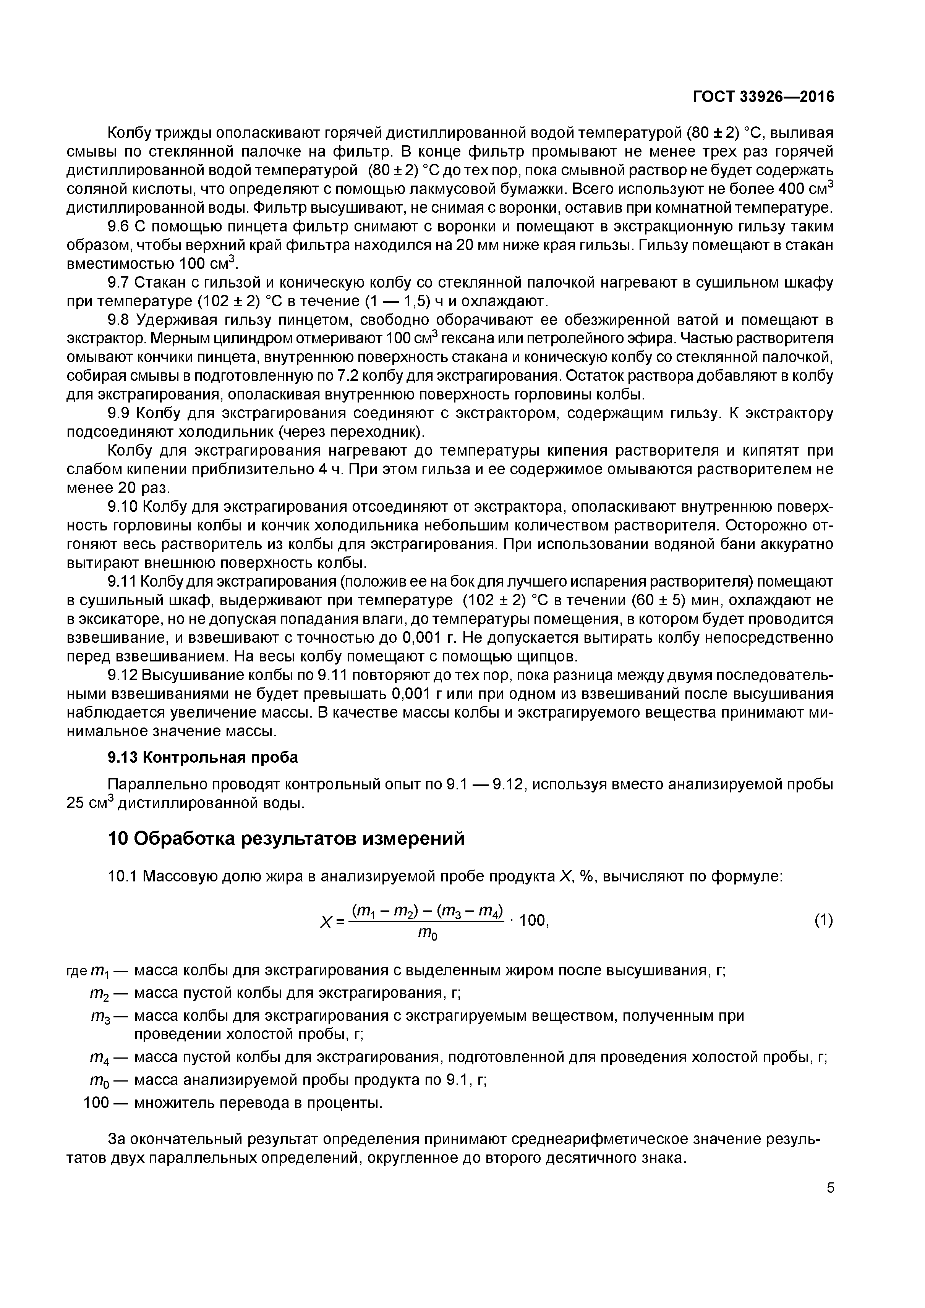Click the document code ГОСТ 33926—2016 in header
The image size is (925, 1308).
click(x=763, y=97)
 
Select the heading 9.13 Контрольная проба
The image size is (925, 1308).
click(x=203, y=758)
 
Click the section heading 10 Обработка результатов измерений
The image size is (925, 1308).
click(x=286, y=839)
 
